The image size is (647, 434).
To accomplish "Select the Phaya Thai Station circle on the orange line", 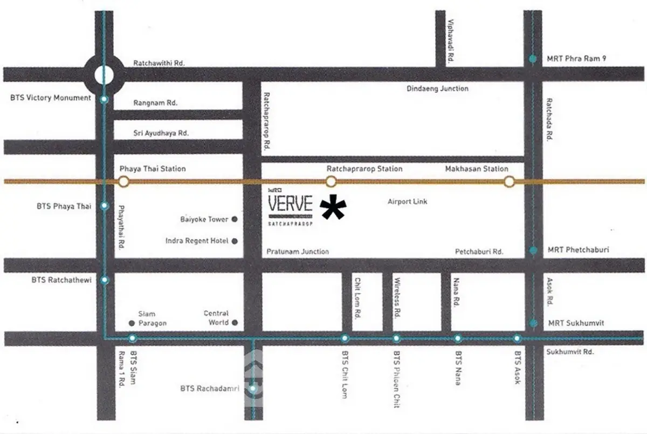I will [x=123, y=181].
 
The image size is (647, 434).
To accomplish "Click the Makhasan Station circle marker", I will [x=509, y=181].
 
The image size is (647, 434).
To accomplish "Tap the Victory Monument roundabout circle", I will [x=104, y=76].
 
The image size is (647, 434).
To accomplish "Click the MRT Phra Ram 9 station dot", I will [x=533, y=59].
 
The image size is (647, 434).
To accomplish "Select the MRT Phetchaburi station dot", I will [x=533, y=250].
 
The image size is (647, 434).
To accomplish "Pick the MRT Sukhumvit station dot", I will [x=533, y=323].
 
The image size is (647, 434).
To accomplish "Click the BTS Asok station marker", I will [x=517, y=338].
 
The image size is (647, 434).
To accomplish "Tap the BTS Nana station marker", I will [x=458, y=338].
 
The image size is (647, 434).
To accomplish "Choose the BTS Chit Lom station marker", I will [x=345, y=338].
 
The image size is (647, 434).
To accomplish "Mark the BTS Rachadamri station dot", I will [x=252, y=388].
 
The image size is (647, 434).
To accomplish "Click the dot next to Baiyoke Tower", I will [x=235, y=220].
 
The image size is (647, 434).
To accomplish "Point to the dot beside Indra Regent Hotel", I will [x=235, y=241].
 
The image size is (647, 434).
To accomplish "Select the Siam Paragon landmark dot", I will [x=132, y=323].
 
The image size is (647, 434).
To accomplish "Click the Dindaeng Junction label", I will [x=437, y=89].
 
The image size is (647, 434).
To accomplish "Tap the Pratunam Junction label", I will [x=298, y=252].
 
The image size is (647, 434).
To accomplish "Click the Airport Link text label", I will [x=407, y=201].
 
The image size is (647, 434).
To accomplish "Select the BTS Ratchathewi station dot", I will [x=105, y=280].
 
